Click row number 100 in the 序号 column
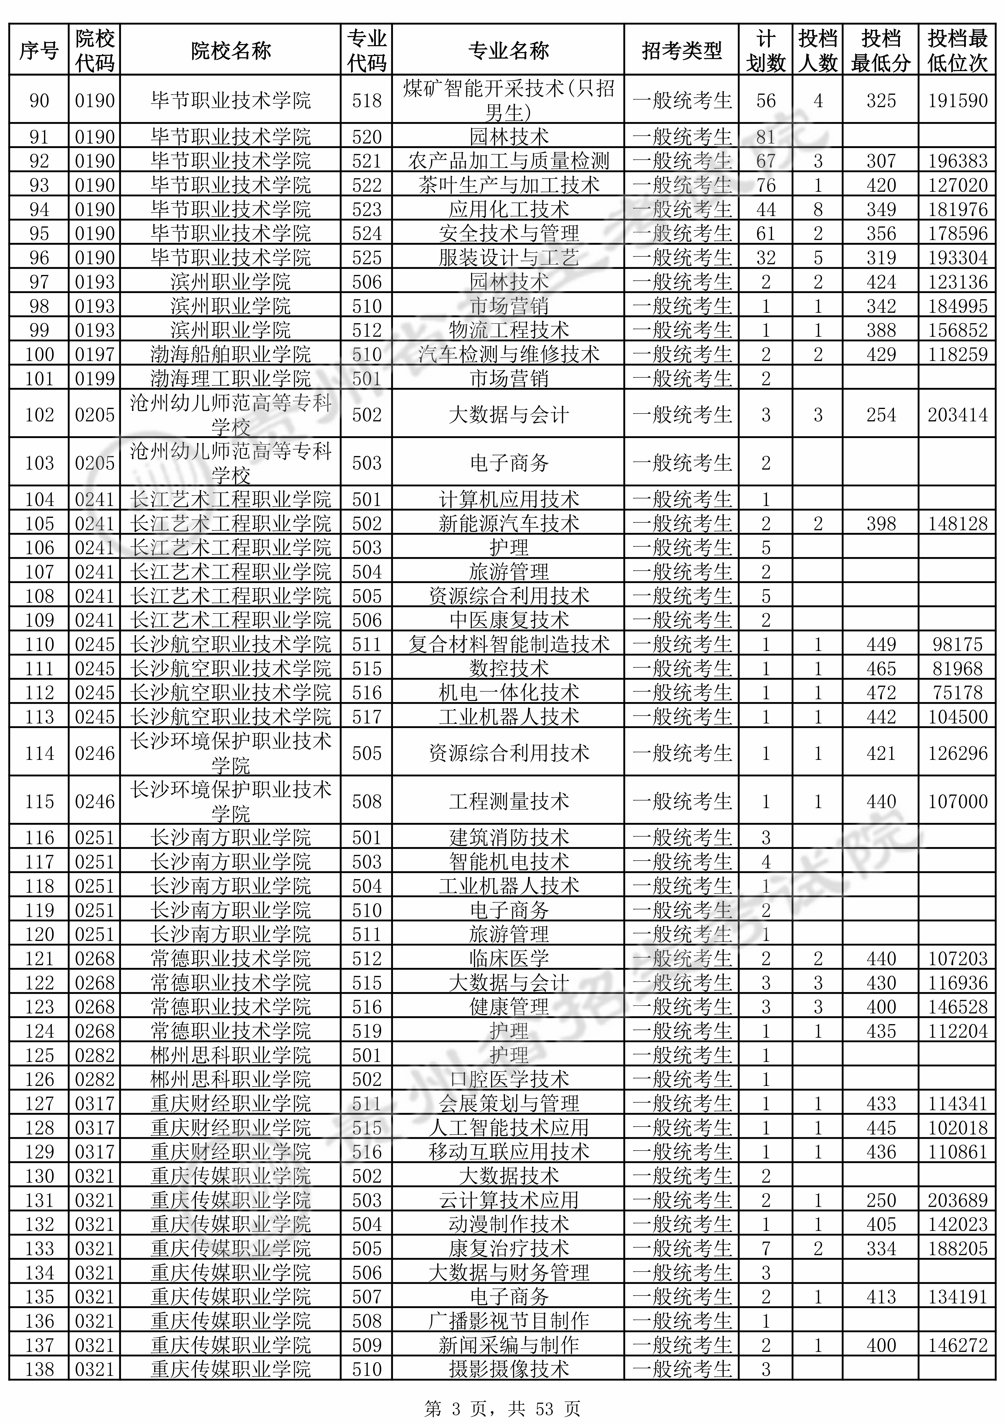39,354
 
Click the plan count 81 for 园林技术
766,137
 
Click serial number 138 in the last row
39,1369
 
